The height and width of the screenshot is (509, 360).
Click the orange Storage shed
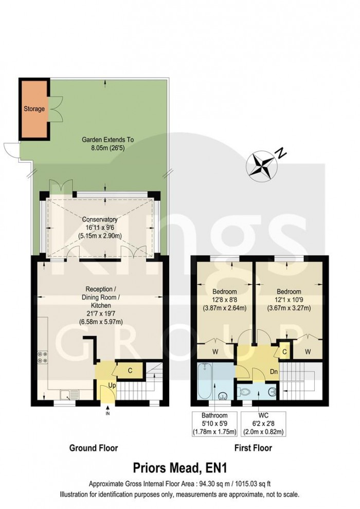(34, 109)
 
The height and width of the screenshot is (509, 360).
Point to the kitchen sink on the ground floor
(68, 395)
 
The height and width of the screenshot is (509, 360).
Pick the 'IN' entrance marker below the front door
(107, 413)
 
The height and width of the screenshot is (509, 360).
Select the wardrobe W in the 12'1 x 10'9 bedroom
(307, 352)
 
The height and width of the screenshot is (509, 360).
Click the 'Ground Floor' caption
(93, 448)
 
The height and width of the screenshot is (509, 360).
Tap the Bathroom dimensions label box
(214, 424)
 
